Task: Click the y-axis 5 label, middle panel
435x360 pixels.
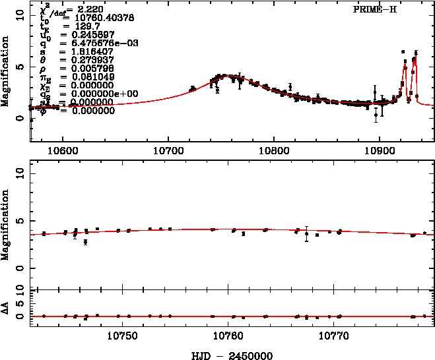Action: click(19, 220)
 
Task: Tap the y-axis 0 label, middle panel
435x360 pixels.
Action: click(19, 269)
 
